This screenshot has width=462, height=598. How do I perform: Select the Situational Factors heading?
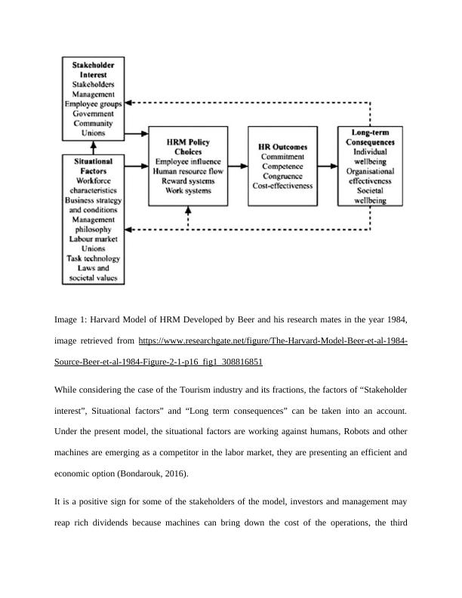coord(94,166)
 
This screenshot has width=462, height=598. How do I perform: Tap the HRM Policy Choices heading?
coord(188,146)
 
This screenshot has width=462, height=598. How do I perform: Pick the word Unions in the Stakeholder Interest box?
coord(94,133)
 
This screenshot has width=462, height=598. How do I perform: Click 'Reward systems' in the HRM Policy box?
coord(188,181)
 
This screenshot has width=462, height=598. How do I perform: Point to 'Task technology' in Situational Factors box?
coord(94,258)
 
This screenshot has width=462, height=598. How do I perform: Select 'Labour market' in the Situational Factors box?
coord(94,239)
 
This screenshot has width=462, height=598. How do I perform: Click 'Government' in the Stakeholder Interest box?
coord(94,113)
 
